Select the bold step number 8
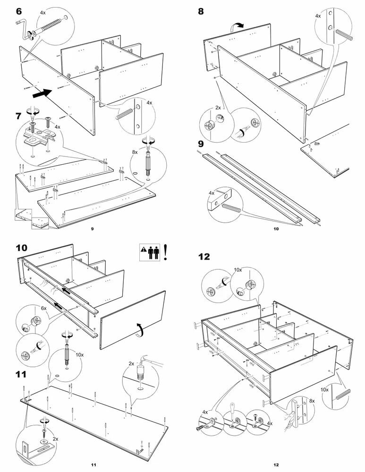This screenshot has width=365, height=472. point(201,11)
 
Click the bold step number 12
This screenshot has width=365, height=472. point(204,257)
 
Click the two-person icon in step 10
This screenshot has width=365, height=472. point(152,253)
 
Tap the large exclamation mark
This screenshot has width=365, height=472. point(166,253)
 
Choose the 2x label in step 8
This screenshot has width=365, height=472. point(218,108)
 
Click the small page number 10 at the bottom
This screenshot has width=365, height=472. point(276,229)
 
